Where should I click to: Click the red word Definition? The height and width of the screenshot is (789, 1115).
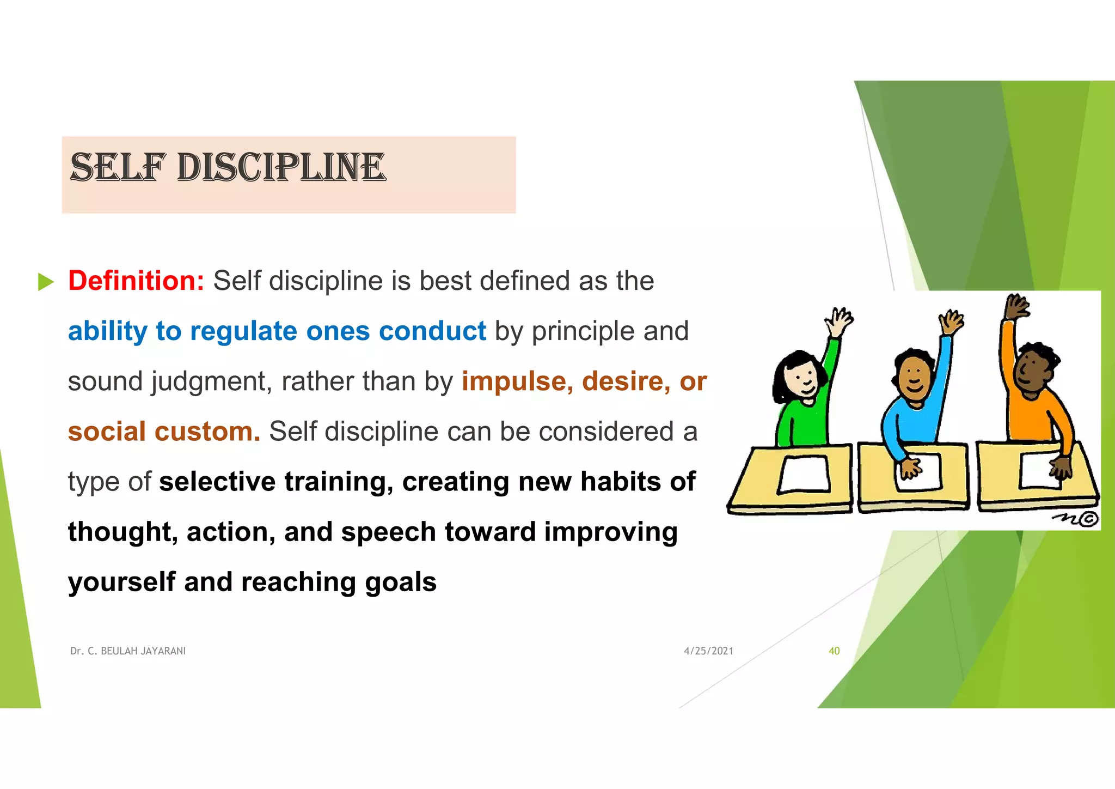click(x=136, y=281)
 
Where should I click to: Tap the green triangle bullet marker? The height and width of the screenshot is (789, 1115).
click(x=46, y=282)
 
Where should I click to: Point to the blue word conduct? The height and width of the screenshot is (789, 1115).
click(x=432, y=331)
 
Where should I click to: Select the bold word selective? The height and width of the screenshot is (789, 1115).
click(x=217, y=482)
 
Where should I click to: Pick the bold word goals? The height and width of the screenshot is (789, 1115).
click(x=401, y=582)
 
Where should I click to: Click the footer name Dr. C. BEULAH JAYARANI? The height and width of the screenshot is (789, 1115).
click(x=128, y=651)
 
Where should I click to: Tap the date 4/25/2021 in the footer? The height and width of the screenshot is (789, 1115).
click(x=708, y=651)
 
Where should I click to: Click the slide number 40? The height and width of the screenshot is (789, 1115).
click(x=834, y=651)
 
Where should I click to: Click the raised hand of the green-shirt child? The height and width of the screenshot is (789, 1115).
click(x=838, y=320)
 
